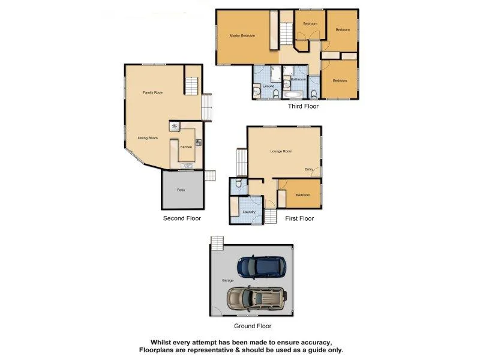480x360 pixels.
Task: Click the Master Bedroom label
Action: click(242, 36)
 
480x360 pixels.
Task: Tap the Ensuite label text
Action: click(268, 86)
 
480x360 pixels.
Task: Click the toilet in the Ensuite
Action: click(256, 91)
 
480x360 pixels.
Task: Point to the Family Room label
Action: click(153, 92)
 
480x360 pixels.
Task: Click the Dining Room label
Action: click(148, 138)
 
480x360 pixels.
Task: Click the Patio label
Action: click(181, 190)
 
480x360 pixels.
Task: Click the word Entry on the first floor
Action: click(309, 169)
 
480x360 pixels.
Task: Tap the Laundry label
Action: click(250, 212)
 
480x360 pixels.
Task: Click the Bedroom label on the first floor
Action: click(302, 195)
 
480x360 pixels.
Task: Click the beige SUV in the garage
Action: click(256, 296)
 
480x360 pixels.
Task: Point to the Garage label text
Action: click(227, 280)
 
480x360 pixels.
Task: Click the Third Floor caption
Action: click(303, 106)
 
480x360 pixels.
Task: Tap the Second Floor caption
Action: click(182, 218)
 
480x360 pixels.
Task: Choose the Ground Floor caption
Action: click(252, 326)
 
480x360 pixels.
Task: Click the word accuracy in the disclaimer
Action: click(310, 341)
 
